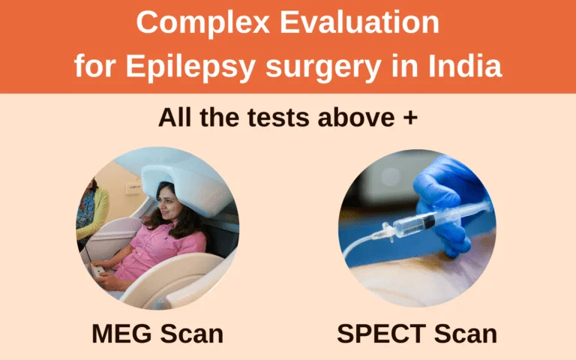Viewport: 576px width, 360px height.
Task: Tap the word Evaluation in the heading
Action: [359, 22]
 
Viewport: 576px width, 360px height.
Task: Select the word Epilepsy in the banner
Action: [190, 67]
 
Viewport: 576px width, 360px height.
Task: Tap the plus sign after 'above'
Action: [410, 118]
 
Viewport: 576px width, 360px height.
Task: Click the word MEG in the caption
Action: [121, 334]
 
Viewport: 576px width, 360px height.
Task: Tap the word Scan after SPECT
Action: [466, 334]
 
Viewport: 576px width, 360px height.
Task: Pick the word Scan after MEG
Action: [192, 334]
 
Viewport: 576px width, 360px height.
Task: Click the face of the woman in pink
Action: [168, 204]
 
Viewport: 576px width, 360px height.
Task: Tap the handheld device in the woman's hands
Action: [97, 271]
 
